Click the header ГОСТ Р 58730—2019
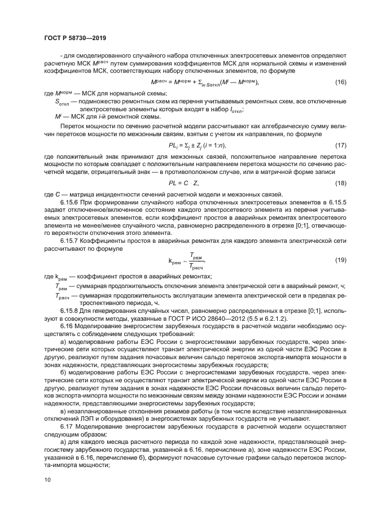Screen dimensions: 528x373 [x=74, y=38]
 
